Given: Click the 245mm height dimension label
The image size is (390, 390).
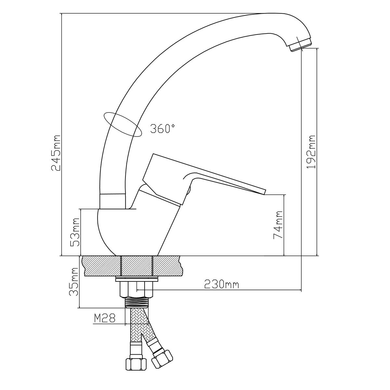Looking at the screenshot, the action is click(x=56, y=153).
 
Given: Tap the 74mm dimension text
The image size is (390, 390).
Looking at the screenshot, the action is click(x=278, y=225).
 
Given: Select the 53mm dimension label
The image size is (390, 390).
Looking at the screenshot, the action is click(x=75, y=232).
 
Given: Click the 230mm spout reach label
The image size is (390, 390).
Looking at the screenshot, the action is click(x=221, y=284).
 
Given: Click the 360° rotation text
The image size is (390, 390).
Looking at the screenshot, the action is click(x=162, y=128).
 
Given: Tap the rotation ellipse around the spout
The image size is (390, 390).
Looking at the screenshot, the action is click(x=122, y=124).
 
